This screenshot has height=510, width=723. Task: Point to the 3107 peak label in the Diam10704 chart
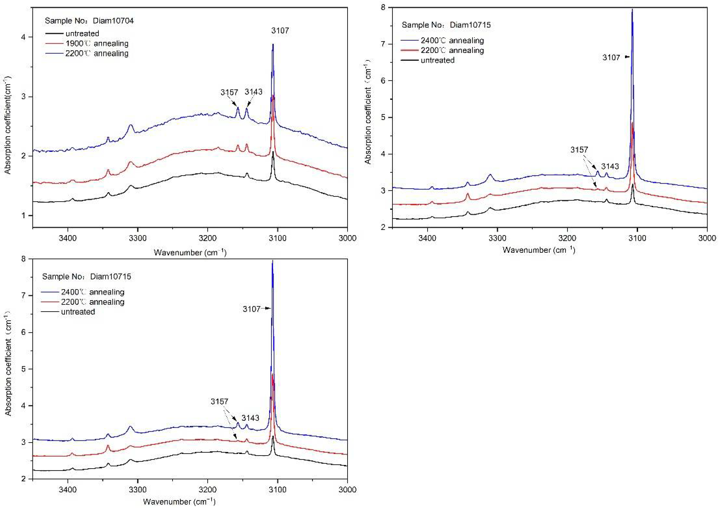[280, 31]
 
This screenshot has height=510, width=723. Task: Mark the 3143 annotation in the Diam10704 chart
[253, 92]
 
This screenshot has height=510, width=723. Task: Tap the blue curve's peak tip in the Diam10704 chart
[273, 44]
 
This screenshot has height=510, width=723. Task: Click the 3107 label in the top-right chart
[611, 57]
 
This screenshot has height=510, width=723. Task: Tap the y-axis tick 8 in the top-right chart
[383, 7]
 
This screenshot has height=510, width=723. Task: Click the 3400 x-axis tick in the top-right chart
[427, 238]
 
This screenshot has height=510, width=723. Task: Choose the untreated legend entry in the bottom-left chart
[78, 312]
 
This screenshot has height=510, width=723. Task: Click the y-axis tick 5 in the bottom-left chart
[24, 369]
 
